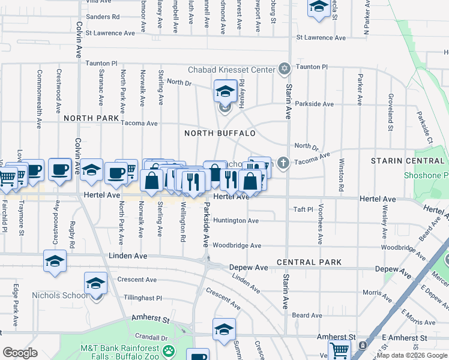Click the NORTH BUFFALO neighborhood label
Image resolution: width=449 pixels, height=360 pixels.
[x=220, y=133]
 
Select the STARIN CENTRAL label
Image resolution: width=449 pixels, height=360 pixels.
[x=408, y=161]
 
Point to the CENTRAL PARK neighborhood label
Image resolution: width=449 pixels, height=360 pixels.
[x=309, y=262]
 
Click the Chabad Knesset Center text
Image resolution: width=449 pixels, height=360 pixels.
[x=231, y=70]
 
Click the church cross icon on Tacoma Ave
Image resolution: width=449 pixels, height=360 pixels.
[x=283, y=162]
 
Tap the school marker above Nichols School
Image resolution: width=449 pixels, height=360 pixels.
[x=95, y=283]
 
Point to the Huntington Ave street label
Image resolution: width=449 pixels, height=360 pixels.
[x=236, y=221]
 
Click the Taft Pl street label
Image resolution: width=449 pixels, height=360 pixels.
[x=304, y=209]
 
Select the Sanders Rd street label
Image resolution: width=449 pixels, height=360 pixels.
[x=103, y=17]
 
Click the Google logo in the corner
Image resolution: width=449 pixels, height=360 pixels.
[x=20, y=353]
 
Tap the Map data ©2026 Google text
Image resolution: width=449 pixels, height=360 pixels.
[x=412, y=355]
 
